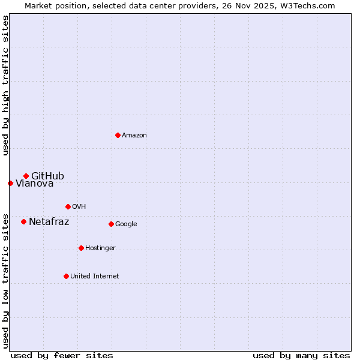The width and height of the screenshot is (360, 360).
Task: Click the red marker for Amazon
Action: pyautogui.click(x=118, y=135)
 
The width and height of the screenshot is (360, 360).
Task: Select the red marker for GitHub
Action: pyautogui.click(x=26, y=176)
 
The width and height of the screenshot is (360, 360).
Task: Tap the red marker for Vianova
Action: pyautogui.click(x=10, y=183)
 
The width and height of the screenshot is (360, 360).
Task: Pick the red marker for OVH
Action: pyautogui.click(x=68, y=206)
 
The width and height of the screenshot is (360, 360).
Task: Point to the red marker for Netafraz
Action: pyautogui.click(x=23, y=221)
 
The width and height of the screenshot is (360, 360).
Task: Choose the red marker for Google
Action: pyautogui.click(x=111, y=224)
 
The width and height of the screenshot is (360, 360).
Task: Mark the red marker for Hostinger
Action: pyautogui.click(x=81, y=248)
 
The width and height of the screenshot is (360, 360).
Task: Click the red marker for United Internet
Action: pyautogui.click(x=66, y=276)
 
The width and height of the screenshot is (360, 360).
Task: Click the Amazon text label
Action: pyautogui.click(x=134, y=136)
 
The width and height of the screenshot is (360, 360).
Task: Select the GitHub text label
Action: pyautogui.click(x=47, y=176)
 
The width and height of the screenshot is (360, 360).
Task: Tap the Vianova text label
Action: pyautogui.click(x=34, y=184)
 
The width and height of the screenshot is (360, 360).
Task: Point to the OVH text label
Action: pyautogui.click(x=79, y=207)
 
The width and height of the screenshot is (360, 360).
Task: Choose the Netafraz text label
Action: pyautogui.click(x=49, y=222)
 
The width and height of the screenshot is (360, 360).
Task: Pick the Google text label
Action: pyautogui.click(x=126, y=224)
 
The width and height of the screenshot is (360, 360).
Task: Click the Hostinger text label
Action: pyautogui.click(x=100, y=248)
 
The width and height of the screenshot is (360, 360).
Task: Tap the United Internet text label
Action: pyautogui.click(x=94, y=277)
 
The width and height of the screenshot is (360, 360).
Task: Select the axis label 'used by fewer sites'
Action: pyautogui.click(x=62, y=355)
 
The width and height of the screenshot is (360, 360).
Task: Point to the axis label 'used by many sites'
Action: pyautogui.click(x=301, y=355)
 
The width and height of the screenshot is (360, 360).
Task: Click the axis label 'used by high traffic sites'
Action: pyautogui.click(x=5, y=86)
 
